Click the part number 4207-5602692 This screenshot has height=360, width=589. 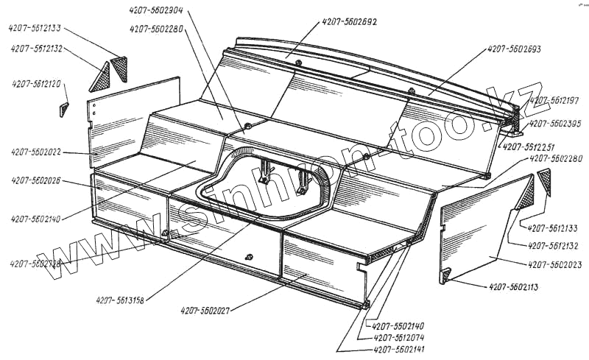(x=350, y=23)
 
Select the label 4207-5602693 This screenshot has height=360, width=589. (x=514, y=50)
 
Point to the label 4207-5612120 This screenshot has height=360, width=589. (x=37, y=84)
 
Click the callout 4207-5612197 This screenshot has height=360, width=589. (x=555, y=100)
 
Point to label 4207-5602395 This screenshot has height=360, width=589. (x=555, y=123)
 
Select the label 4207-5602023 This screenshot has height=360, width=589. (x=556, y=263)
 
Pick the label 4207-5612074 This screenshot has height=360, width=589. (x=400, y=337)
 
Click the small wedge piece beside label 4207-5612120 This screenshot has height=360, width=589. (x=63, y=110)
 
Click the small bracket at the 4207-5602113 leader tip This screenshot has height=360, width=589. (x=445, y=276)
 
